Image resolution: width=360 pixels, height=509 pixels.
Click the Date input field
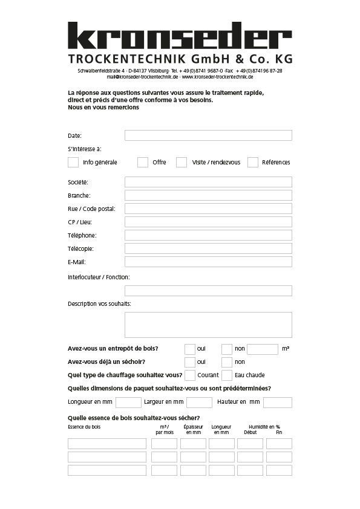[x=208, y=135]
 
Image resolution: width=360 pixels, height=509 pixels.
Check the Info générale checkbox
[x=73, y=162]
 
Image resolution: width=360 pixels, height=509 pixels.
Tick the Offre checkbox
[x=143, y=162]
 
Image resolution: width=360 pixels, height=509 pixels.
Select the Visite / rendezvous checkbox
[x=182, y=162]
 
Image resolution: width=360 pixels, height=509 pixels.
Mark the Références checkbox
[x=253, y=162]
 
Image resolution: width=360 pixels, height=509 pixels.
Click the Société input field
[x=208, y=182]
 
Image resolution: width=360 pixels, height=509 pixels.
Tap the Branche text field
[x=208, y=195]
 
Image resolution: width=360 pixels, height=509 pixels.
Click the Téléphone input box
[x=208, y=235]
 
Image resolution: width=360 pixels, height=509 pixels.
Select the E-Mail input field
[x=208, y=262]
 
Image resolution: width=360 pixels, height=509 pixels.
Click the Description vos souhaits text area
[x=208, y=325]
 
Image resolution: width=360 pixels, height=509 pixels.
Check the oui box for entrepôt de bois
[x=190, y=349]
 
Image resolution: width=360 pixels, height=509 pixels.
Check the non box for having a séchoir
[x=227, y=362]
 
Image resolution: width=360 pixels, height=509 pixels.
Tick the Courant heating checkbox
[x=190, y=375]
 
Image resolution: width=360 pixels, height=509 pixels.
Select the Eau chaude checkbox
[x=227, y=375]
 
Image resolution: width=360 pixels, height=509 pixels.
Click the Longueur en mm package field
[x=128, y=402]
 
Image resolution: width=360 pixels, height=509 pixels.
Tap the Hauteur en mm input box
[x=278, y=402]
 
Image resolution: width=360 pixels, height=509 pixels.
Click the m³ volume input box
[x=263, y=349]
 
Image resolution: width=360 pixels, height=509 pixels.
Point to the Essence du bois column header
[x=84, y=427]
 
